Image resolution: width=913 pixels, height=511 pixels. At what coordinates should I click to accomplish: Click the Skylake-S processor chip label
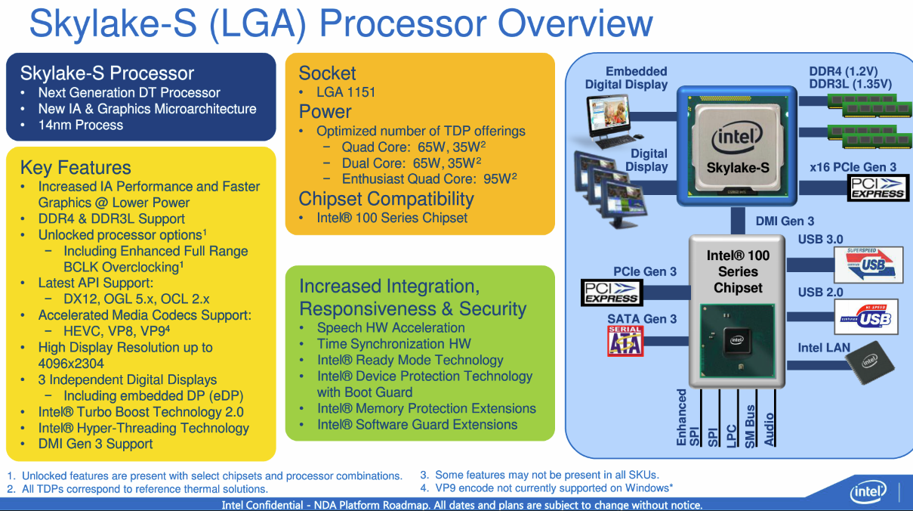pyautogui.click(x=737, y=168)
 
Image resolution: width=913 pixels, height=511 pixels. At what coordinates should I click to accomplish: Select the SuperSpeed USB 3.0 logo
pyautogui.click(x=868, y=264)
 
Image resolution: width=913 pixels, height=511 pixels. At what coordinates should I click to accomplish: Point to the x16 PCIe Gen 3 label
pyautogui.click(x=853, y=167)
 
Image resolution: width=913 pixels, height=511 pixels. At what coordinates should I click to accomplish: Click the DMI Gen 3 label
pyautogui.click(x=785, y=221)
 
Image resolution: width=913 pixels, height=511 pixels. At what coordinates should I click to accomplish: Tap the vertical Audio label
pyautogui.click(x=770, y=429)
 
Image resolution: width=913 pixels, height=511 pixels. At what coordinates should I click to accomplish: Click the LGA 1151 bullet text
pyautogui.click(x=346, y=92)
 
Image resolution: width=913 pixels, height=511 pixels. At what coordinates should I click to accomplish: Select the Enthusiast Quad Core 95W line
pyautogui.click(x=428, y=179)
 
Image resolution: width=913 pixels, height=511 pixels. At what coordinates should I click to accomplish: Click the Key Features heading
pyautogui.click(x=76, y=168)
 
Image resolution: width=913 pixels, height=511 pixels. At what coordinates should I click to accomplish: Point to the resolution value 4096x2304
pyautogui.click(x=71, y=364)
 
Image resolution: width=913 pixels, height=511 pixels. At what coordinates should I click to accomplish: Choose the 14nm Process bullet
pyautogui.click(x=80, y=125)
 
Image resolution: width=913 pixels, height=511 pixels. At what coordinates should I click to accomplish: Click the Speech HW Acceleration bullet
pyautogui.click(x=390, y=328)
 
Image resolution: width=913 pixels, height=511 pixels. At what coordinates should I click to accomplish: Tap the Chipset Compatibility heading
pyautogui.click(x=386, y=200)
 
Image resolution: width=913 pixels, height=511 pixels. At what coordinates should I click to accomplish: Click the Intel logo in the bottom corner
pyautogui.click(x=868, y=493)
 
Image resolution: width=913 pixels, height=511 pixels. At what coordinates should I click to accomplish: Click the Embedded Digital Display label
pyautogui.click(x=626, y=78)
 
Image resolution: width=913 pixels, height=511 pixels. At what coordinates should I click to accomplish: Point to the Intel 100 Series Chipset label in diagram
pyautogui.click(x=738, y=271)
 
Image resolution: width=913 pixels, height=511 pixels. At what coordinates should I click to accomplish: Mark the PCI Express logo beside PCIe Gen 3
pyautogui.click(x=611, y=292)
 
